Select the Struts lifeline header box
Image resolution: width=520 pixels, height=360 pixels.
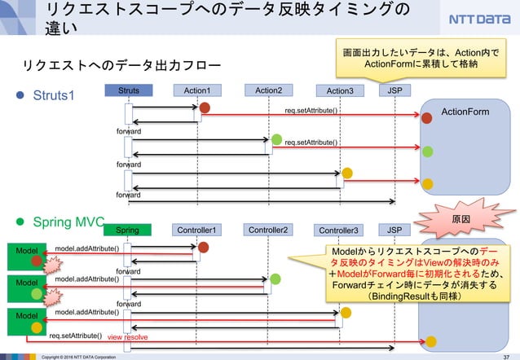(128, 90)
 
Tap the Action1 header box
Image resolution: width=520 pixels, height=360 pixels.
(196, 90)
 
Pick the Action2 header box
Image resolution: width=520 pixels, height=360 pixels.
(268, 90)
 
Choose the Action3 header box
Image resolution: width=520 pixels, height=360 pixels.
(339, 90)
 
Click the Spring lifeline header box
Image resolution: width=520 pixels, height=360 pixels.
(127, 230)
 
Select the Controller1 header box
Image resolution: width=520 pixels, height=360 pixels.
(196, 230)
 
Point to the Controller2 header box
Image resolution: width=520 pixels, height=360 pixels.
(268, 230)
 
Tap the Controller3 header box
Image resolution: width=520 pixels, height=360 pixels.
(339, 230)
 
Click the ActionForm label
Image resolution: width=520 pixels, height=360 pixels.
(465, 112)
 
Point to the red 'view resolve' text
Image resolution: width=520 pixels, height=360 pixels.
(126, 336)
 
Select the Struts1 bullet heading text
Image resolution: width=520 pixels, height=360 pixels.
(53, 95)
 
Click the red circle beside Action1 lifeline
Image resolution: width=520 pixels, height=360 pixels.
(205, 108)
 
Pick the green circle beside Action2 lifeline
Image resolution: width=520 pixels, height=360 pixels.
(277, 139)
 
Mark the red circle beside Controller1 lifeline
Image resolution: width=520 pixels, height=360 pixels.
(204, 247)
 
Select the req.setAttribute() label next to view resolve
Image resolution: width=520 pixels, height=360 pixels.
(75, 336)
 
